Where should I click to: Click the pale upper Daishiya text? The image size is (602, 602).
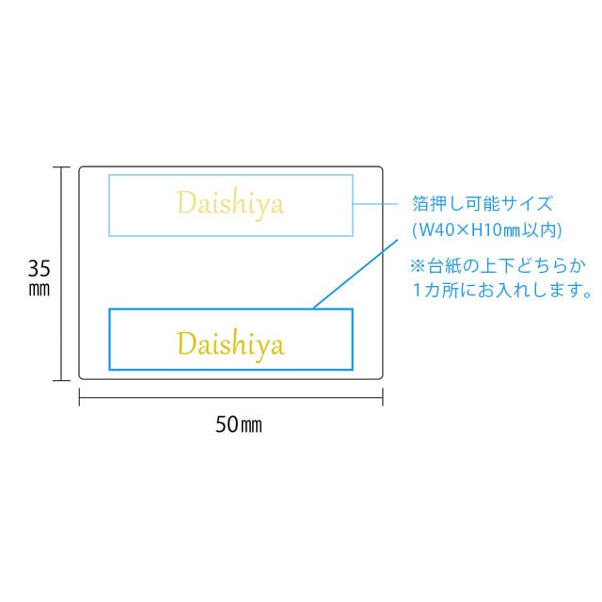pyautogui.click(x=230, y=203)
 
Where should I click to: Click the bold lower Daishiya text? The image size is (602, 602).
pyautogui.click(x=230, y=343)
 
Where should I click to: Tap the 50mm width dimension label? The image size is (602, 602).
pyautogui.click(x=239, y=424)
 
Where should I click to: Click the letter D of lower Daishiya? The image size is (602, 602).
pyautogui.click(x=184, y=342)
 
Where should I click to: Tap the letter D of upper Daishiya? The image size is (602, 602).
pyautogui.click(x=184, y=202)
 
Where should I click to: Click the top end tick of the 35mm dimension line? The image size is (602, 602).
pyautogui.click(x=62, y=167)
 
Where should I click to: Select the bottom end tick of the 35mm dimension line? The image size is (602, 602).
pyautogui.click(x=62, y=379)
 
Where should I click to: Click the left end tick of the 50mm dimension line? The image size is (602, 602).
pyautogui.click(x=79, y=401)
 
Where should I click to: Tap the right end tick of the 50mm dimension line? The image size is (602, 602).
pyautogui.click(x=383, y=401)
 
